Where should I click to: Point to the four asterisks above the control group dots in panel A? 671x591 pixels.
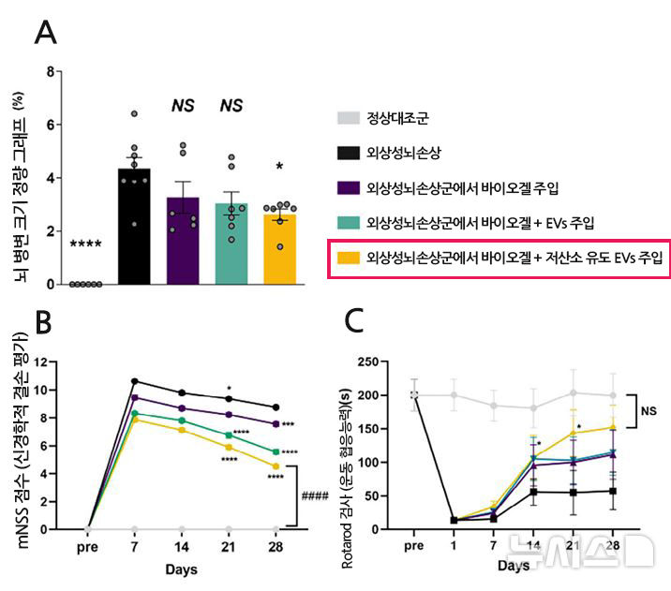tap(87, 245)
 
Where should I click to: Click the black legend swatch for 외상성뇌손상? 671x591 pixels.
tap(347, 153)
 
